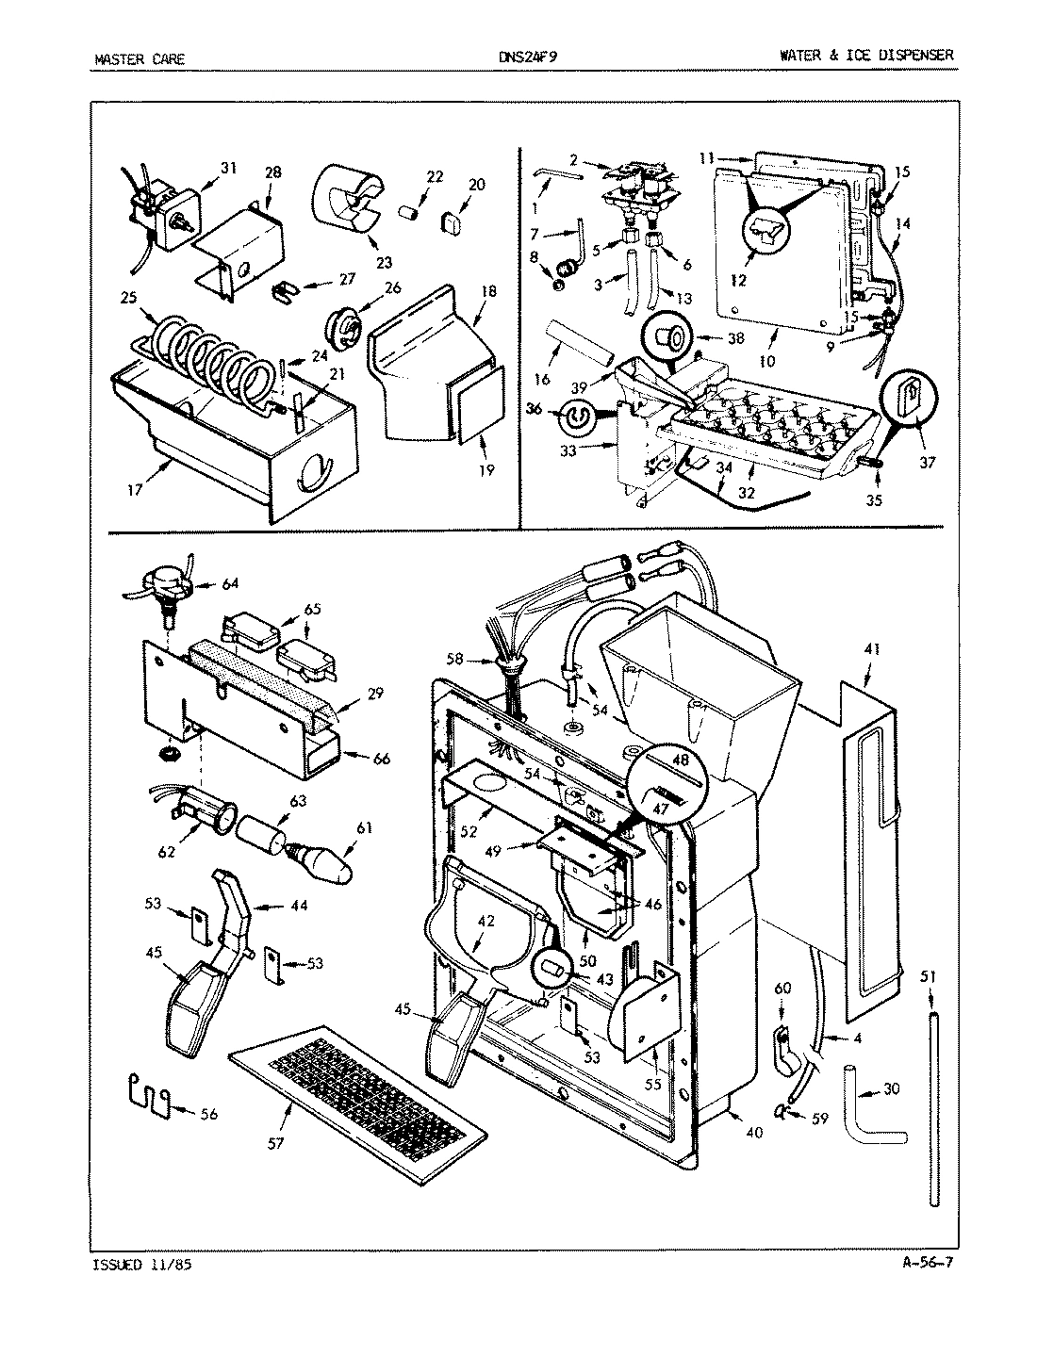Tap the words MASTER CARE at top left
(140, 58)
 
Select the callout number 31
(228, 168)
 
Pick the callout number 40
(753, 1133)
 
